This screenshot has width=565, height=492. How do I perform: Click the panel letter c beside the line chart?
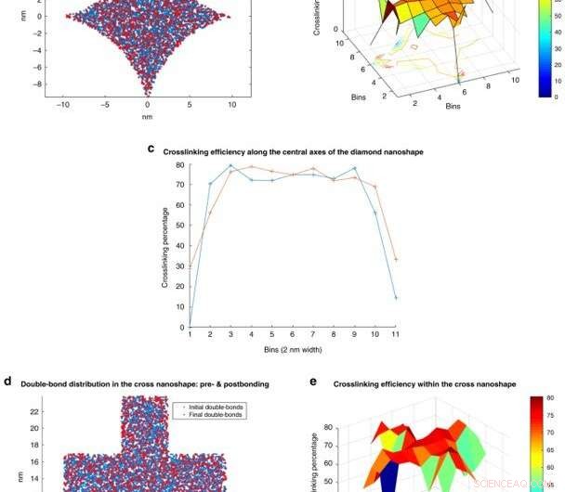[x=152, y=149]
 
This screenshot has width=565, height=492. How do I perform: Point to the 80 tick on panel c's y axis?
[x=179, y=165]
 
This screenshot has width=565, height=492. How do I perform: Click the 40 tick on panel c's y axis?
[x=179, y=246]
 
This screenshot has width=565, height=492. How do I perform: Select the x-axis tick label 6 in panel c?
[x=293, y=334]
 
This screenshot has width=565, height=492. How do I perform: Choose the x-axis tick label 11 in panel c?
[x=396, y=334]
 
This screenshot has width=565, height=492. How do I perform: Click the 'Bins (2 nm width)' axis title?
[x=293, y=350]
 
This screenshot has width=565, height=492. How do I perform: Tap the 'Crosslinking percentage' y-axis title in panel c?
[x=165, y=247]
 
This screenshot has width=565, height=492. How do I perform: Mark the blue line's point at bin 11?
[x=396, y=298]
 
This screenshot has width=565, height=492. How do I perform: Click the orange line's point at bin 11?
[x=396, y=260]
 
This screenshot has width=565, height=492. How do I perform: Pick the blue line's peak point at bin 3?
[x=230, y=166]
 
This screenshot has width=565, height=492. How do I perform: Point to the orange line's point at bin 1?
[x=190, y=266]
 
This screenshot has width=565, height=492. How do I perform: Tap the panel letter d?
[x=7, y=381]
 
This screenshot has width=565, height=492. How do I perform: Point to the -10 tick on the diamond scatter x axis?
[x=61, y=105]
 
